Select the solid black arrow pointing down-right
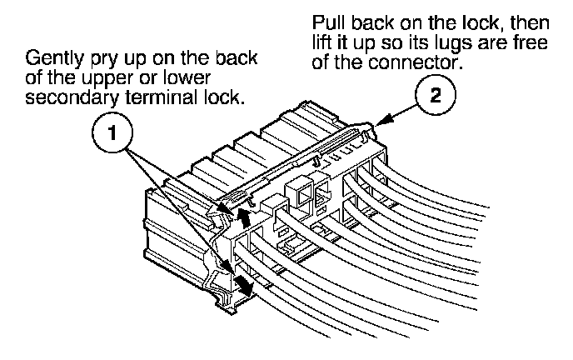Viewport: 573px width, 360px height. point(242,283)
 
